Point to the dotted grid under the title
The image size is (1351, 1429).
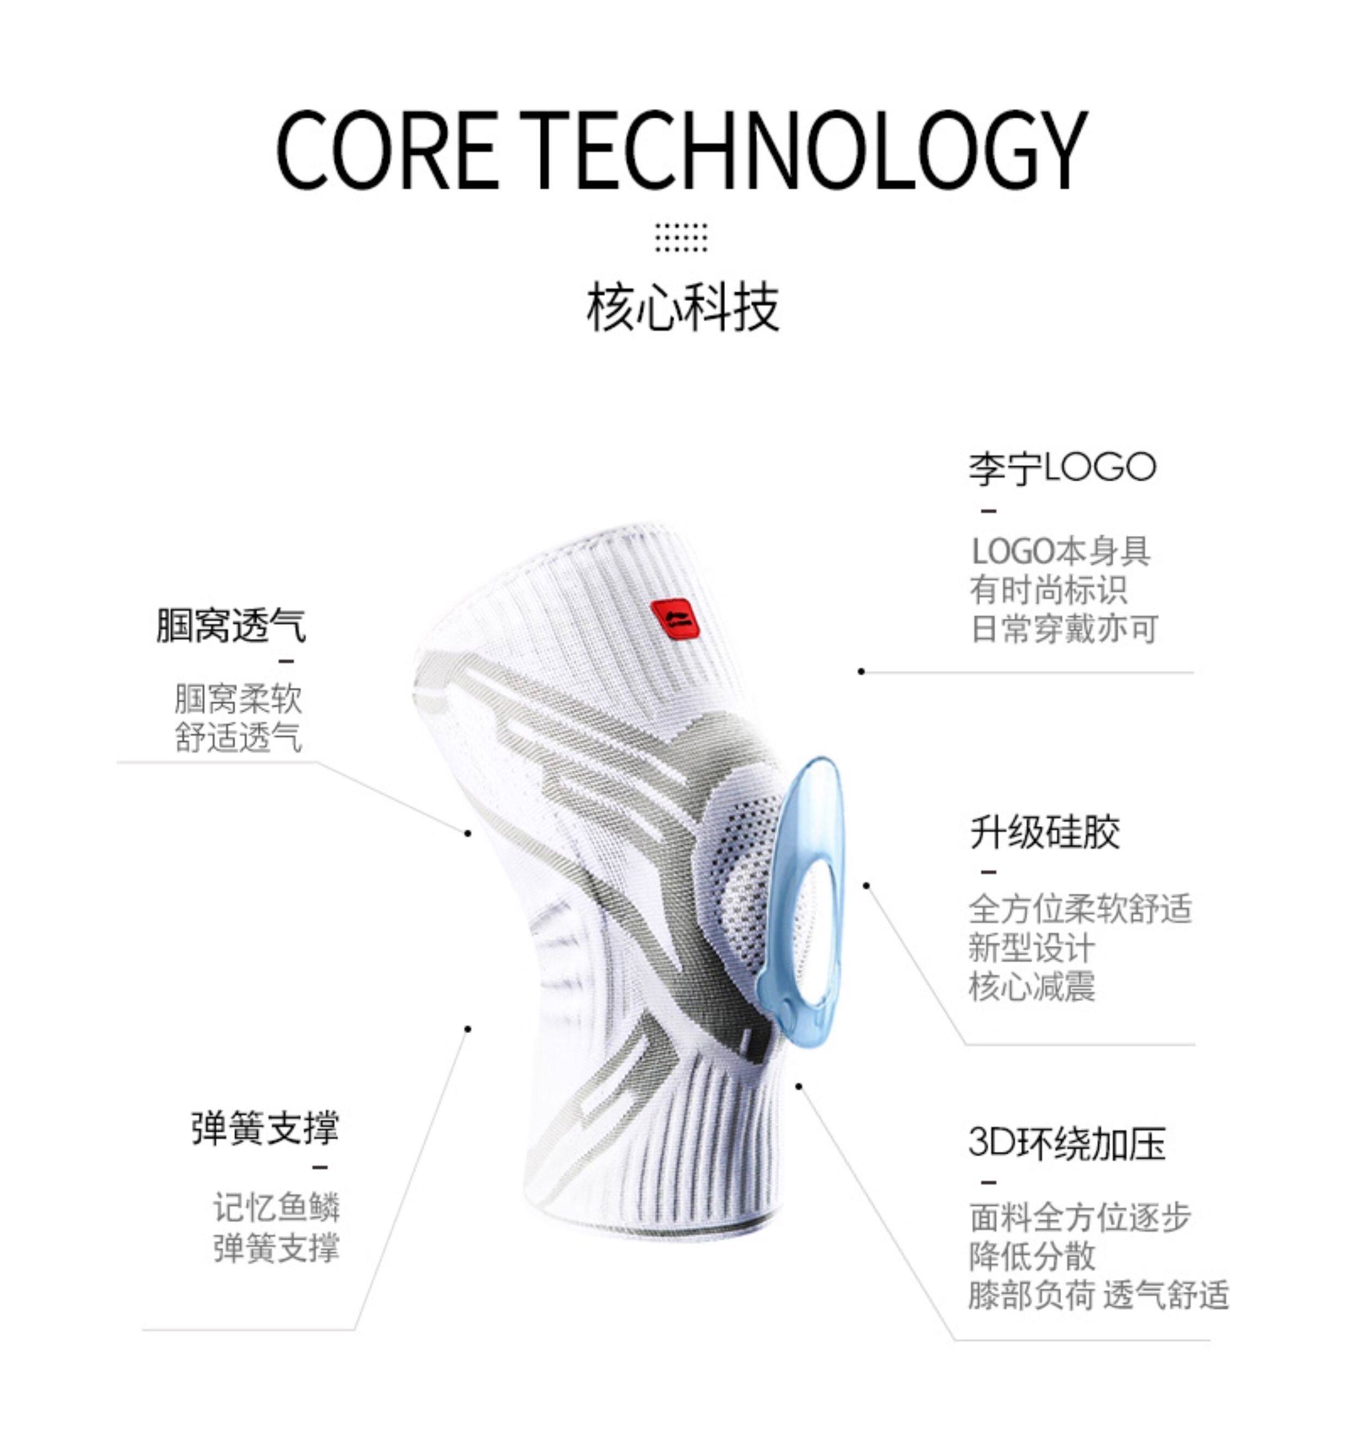pyautogui.click(x=680, y=237)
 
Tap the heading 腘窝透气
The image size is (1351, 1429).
pyautogui.click(x=231, y=625)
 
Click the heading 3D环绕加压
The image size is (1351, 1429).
pyautogui.click(x=1067, y=1142)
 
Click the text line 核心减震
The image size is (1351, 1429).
pyautogui.click(x=1031, y=986)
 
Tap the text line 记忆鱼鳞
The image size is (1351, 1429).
pyautogui.click(x=276, y=1207)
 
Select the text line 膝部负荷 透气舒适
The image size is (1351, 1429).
pyautogui.click(x=1098, y=1296)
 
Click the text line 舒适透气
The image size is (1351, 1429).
pyautogui.click(x=239, y=737)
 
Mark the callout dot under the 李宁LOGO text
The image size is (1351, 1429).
pyautogui.click(x=861, y=671)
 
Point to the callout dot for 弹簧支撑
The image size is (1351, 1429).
pyautogui.click(x=467, y=1029)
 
